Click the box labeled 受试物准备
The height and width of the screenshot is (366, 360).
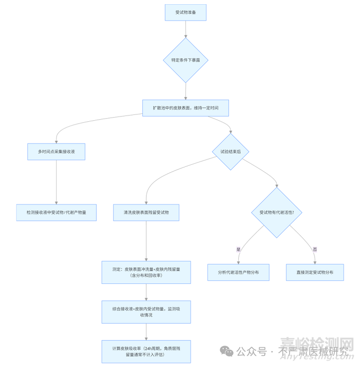185,13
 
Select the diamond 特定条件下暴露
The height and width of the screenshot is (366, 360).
185,60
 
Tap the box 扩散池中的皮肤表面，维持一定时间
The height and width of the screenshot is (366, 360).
185,108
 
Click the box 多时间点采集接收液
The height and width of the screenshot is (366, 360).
56,151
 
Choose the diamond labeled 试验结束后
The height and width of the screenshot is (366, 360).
230,151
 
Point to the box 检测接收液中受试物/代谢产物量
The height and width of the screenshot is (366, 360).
56,212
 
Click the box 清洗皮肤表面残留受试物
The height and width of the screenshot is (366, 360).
146,212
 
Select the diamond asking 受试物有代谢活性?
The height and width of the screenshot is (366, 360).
277,212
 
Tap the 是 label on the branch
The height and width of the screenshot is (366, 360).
238,249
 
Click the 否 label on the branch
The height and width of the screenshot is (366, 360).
315,249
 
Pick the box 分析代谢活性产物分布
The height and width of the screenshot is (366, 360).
238,272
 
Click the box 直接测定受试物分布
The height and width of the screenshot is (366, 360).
315,272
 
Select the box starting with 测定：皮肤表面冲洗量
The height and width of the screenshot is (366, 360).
146,272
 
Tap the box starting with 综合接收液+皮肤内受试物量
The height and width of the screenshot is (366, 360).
146,312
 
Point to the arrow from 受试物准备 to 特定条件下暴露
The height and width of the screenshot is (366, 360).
185,29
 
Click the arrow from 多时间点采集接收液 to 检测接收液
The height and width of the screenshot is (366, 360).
56,182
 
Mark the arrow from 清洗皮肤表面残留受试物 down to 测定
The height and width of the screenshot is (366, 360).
146,241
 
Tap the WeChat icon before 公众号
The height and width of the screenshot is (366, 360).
227,351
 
